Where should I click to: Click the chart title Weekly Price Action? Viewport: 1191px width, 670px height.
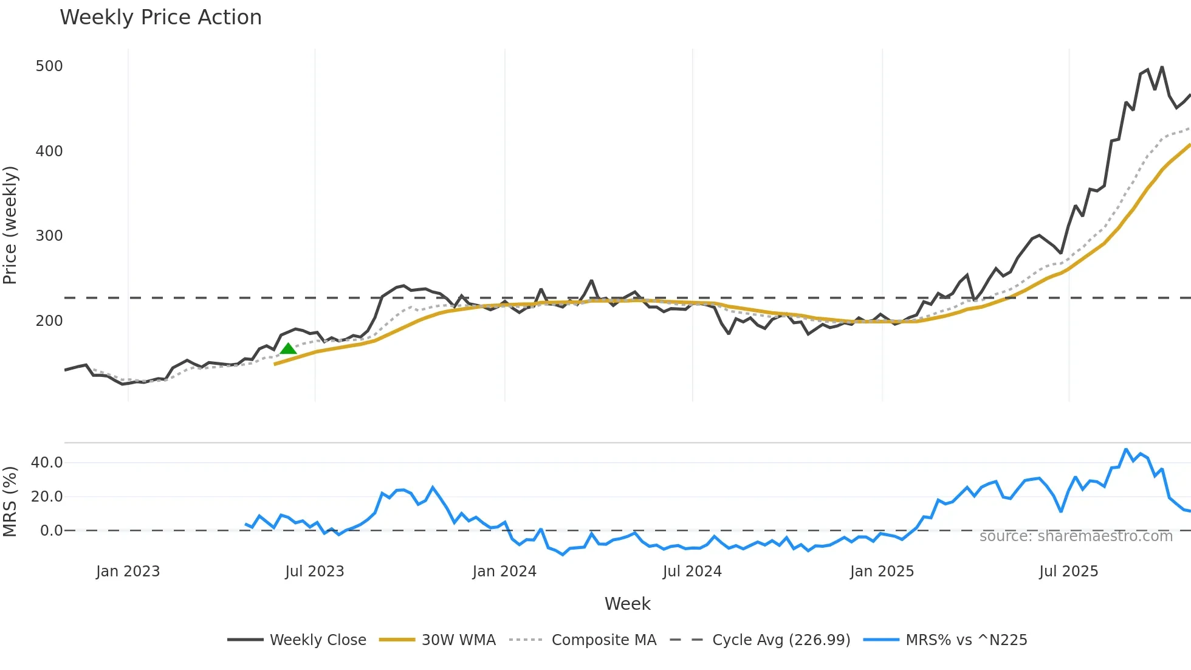coord(160,18)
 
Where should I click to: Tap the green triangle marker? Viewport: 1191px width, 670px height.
coord(288,348)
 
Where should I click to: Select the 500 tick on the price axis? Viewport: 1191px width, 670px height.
coord(49,66)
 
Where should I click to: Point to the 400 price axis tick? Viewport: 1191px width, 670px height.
coord(49,151)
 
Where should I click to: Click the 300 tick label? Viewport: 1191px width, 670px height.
coord(49,236)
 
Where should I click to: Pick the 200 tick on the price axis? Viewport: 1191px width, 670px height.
coord(49,321)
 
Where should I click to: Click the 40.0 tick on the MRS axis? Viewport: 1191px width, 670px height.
coord(47,463)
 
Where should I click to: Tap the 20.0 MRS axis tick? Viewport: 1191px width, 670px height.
coord(47,497)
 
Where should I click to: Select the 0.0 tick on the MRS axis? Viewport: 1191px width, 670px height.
coord(51,531)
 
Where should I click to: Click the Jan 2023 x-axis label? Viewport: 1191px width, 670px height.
coord(128,572)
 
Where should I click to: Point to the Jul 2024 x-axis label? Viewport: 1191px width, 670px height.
coord(692,572)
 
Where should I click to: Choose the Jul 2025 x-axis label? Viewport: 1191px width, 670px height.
coord(1068,572)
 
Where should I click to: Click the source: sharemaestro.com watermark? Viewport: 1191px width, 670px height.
coord(1076,536)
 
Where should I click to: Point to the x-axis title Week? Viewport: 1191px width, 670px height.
coord(627,604)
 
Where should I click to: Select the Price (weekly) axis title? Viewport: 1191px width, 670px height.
coord(10,225)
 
